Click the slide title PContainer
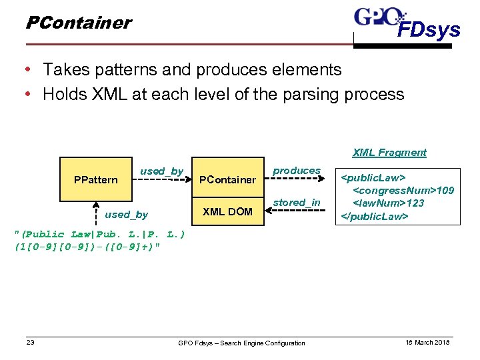tap(78, 23)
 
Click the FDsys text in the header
tap(429, 30)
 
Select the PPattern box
tap(96, 179)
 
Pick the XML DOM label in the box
tap(228, 211)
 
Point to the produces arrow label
tap(297, 171)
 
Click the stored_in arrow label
tap(297, 203)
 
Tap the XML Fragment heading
tap(389, 153)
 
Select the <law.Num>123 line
tap(389, 203)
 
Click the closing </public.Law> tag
tap(375, 216)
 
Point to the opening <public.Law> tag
tap(373, 178)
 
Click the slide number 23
tap(30, 343)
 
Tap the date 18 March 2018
tap(428, 343)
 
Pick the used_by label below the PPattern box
tap(126, 214)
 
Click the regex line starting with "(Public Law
tap(99, 234)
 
